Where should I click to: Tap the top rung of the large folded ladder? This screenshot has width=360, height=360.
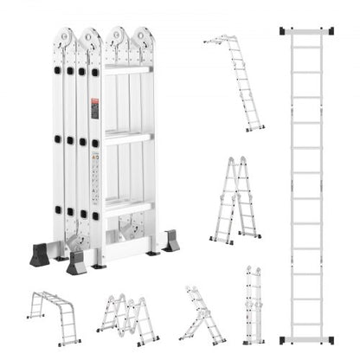pos(127,68)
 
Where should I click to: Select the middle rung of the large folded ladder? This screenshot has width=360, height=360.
pos(127,137)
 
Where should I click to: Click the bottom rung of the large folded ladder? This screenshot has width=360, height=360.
pos(127,205)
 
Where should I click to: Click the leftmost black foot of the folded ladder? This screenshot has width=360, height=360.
pos(39,254)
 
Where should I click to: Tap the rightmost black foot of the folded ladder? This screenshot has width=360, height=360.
pos(170,241)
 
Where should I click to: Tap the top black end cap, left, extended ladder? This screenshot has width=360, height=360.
pos(286,32)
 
